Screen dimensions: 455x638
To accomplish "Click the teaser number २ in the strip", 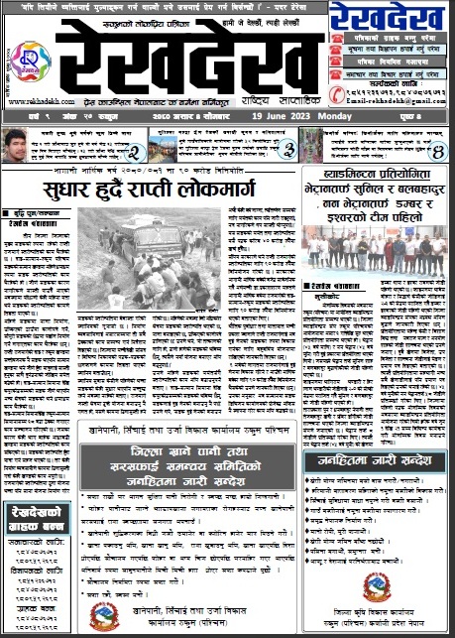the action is point(132,152).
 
